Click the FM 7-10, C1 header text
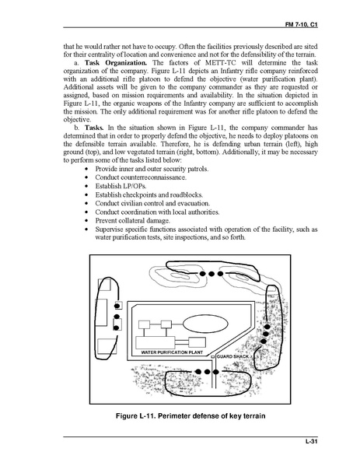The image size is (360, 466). coord(301,25)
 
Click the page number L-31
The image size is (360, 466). coord(312,441)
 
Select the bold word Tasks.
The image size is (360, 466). coord(94,128)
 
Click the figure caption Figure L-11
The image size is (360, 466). coord(190,415)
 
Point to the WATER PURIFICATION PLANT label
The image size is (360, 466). coord(172,352)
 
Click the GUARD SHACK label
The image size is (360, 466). coord(232,356)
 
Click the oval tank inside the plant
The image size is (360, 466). coord(205,324)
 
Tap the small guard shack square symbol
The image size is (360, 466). coord(213,356)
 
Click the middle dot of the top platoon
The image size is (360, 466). coord(211,274)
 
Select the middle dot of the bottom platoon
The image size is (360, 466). coord(207,372)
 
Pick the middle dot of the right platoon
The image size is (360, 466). coord(266,334)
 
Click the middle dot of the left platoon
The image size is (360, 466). coord(117,317)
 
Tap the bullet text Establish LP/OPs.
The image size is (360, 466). coord(121,186)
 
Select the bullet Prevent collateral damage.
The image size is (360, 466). coord(132,221)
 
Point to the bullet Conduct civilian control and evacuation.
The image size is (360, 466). coord(152,204)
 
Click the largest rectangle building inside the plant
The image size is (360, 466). coord(155,342)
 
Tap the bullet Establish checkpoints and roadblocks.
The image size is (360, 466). coord(149,195)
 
